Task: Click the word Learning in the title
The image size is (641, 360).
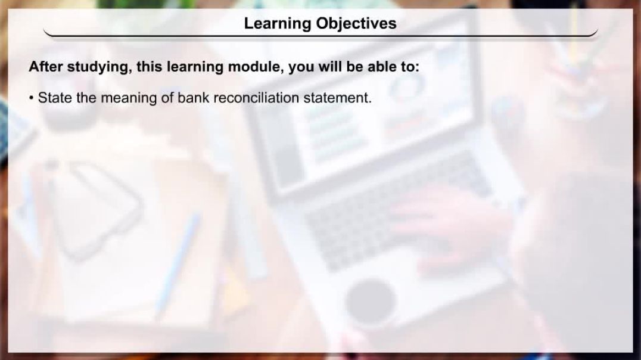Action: (277, 24)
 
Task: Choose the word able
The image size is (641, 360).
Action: (382, 66)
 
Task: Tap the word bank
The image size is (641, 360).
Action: (193, 98)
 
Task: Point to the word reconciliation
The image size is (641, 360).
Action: (256, 98)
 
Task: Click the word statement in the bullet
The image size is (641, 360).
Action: (337, 98)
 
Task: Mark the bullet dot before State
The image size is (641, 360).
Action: (31, 98)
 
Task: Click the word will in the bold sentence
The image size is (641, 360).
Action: (330, 66)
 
